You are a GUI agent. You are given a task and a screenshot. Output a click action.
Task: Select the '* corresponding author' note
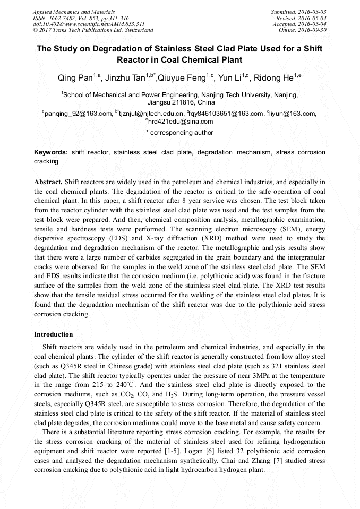(179, 133)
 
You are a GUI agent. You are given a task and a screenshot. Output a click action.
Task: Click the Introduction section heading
(54, 334)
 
